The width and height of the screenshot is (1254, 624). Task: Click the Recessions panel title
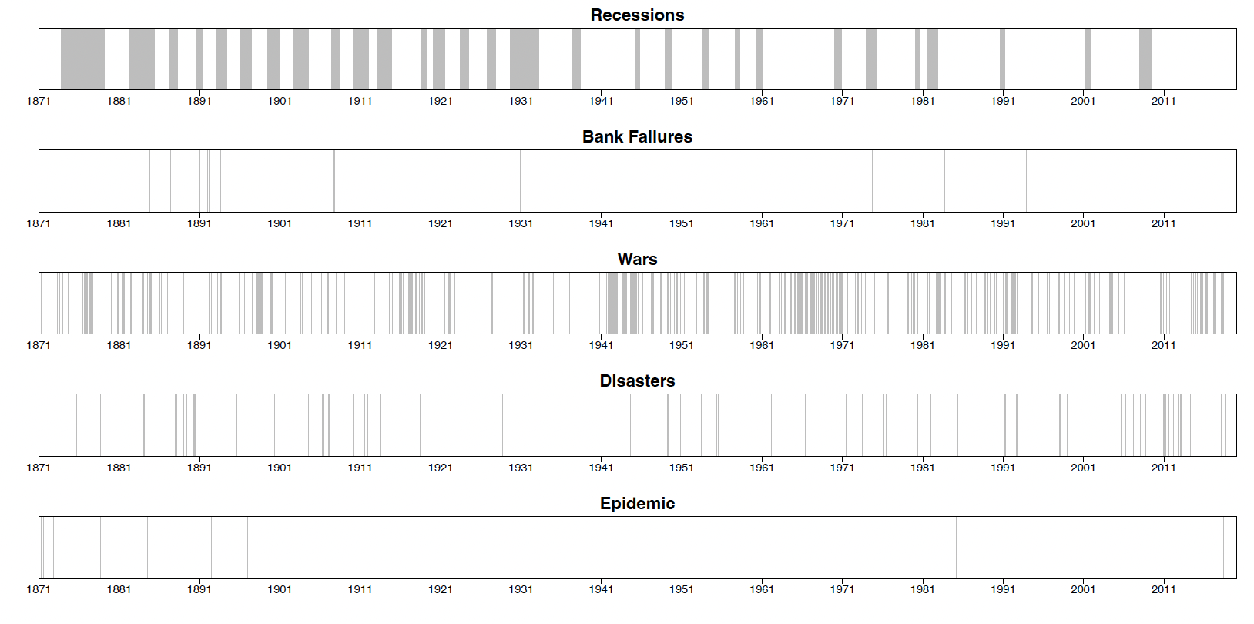[x=637, y=15]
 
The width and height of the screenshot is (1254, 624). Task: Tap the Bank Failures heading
[x=637, y=137]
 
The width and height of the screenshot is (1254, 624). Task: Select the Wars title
[x=637, y=260]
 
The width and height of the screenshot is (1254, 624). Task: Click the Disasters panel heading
[x=637, y=381]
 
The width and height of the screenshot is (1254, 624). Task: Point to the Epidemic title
[x=637, y=504]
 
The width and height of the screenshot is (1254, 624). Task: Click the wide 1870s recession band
[x=82, y=59]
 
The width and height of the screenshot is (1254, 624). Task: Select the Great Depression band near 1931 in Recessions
[x=524, y=59]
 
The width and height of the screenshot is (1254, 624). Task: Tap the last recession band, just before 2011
[x=1145, y=59]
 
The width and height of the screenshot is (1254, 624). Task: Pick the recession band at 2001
[x=1088, y=59]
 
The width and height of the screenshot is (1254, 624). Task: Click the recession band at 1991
[x=1002, y=59]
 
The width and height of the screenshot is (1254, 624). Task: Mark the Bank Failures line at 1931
[x=520, y=181]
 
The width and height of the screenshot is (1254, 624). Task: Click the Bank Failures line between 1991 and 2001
[x=1026, y=181]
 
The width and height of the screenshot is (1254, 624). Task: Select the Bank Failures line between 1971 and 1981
[x=873, y=181]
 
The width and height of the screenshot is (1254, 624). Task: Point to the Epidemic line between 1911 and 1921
[x=394, y=547]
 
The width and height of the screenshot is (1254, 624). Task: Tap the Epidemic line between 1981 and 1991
[x=956, y=547]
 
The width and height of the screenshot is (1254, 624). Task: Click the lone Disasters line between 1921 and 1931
[x=502, y=425]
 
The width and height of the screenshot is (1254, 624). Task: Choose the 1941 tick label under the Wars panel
[x=601, y=345]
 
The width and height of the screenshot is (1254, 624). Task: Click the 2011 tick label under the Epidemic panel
[x=1163, y=589]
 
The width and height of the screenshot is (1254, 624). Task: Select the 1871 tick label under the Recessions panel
[x=39, y=101]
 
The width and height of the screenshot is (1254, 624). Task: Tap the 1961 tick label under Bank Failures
[x=762, y=223]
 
